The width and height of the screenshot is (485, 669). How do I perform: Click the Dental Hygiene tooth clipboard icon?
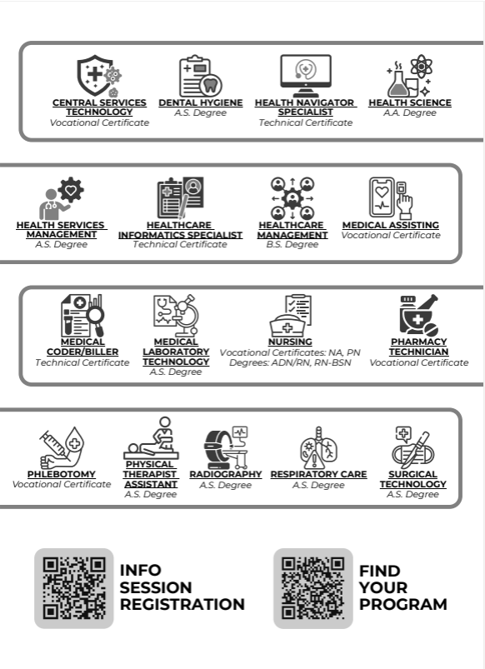[x=200, y=76]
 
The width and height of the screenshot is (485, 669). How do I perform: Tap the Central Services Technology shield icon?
[x=99, y=76]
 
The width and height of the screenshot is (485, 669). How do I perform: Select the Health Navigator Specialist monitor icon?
[x=305, y=76]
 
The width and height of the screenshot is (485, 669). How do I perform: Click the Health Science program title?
[x=410, y=102]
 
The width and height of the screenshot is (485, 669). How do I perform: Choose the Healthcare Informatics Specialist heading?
[x=180, y=230]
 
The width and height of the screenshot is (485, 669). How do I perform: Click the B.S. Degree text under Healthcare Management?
[x=292, y=244]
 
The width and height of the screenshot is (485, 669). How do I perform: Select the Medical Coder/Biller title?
[x=82, y=347]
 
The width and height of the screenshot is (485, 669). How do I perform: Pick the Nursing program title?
[x=290, y=342]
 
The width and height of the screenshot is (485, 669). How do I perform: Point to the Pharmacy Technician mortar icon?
[x=419, y=315]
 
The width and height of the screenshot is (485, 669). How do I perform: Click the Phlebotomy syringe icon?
[x=62, y=447]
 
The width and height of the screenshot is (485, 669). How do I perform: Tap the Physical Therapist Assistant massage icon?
[x=151, y=437]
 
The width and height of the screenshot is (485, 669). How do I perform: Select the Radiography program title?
[x=226, y=474]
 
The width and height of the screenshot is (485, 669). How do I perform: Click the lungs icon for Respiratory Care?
[x=318, y=447]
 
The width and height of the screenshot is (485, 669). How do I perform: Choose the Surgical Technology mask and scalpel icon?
[x=412, y=447]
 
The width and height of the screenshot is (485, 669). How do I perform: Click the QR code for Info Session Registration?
[x=74, y=588]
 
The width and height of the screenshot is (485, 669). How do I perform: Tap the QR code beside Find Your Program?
[x=313, y=588]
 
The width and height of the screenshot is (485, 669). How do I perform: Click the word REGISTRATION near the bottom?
[x=182, y=605]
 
